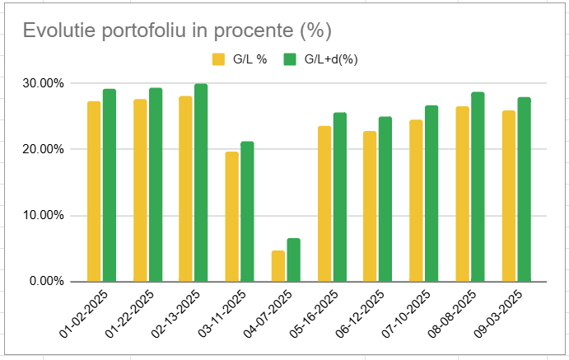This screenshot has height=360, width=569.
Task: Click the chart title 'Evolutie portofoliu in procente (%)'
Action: [x=176, y=30]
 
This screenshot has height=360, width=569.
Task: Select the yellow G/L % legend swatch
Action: [x=219, y=59]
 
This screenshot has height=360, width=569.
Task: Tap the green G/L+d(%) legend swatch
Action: [x=290, y=59]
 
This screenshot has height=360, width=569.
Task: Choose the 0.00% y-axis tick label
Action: [x=45, y=282]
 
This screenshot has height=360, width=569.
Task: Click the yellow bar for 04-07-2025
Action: [x=278, y=265]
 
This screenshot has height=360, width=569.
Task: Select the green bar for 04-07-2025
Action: [x=294, y=259]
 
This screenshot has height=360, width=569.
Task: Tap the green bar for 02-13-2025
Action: [x=202, y=182]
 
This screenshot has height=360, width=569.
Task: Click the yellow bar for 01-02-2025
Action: [x=94, y=191]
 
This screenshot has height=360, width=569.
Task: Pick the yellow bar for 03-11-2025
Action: [x=232, y=216]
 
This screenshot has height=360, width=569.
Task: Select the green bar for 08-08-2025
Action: [x=478, y=186]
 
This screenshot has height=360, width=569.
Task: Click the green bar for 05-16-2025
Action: [x=340, y=197]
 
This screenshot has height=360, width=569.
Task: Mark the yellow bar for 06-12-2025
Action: [x=371, y=206]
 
